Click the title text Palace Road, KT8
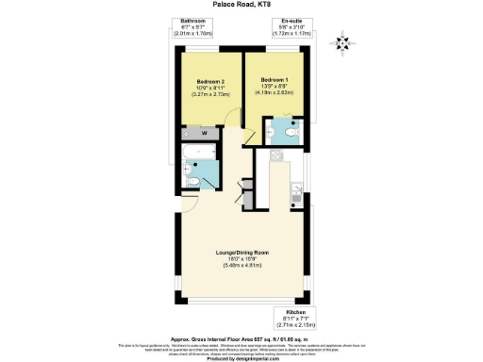pyautogui.click(x=241, y=6)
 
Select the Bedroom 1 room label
pyautogui.click(x=275, y=78)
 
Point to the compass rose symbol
pyautogui.click(x=344, y=41)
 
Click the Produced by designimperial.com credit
pyautogui.click(x=241, y=355)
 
